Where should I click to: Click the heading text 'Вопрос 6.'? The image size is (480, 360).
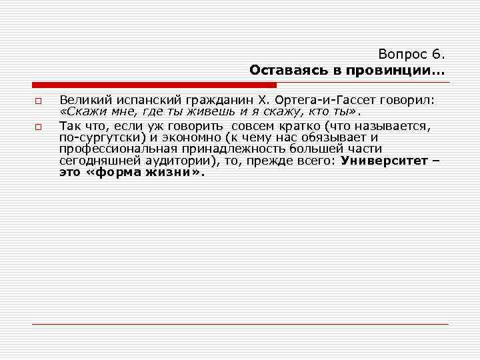tap(414, 54)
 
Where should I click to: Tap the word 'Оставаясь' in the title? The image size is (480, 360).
tap(279, 70)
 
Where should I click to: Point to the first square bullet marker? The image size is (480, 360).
tap(39, 101)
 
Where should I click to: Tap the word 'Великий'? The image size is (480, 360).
tap(81, 100)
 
